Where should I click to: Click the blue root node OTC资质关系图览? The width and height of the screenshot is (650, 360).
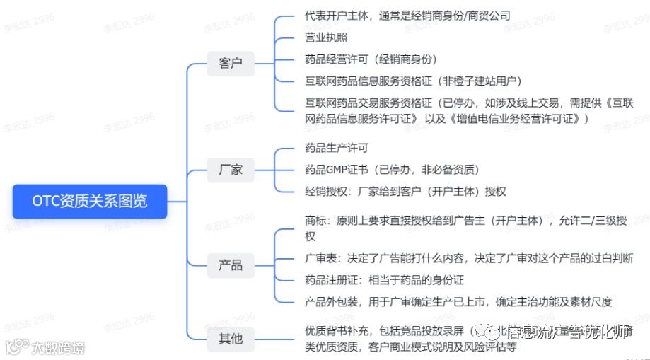90,201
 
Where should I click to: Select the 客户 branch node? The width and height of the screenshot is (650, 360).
231,63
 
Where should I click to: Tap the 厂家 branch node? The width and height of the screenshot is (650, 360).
231,170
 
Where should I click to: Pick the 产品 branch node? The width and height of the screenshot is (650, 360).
231,265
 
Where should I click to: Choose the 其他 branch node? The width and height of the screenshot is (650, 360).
231,339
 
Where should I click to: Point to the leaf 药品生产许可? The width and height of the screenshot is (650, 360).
337,148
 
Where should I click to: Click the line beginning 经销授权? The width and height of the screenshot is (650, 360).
405,192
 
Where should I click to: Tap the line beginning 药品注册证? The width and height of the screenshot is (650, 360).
384,280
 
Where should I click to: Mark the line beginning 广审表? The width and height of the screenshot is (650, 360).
468,258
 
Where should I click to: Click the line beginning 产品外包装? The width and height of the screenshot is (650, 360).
458,302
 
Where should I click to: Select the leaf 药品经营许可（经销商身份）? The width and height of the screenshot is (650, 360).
371,59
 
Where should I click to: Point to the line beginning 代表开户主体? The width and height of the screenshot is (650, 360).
407,16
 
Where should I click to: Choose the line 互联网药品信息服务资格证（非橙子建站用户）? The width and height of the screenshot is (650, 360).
413,81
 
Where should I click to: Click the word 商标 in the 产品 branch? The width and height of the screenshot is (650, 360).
315,221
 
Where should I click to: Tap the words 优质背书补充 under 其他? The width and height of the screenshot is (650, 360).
337,332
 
